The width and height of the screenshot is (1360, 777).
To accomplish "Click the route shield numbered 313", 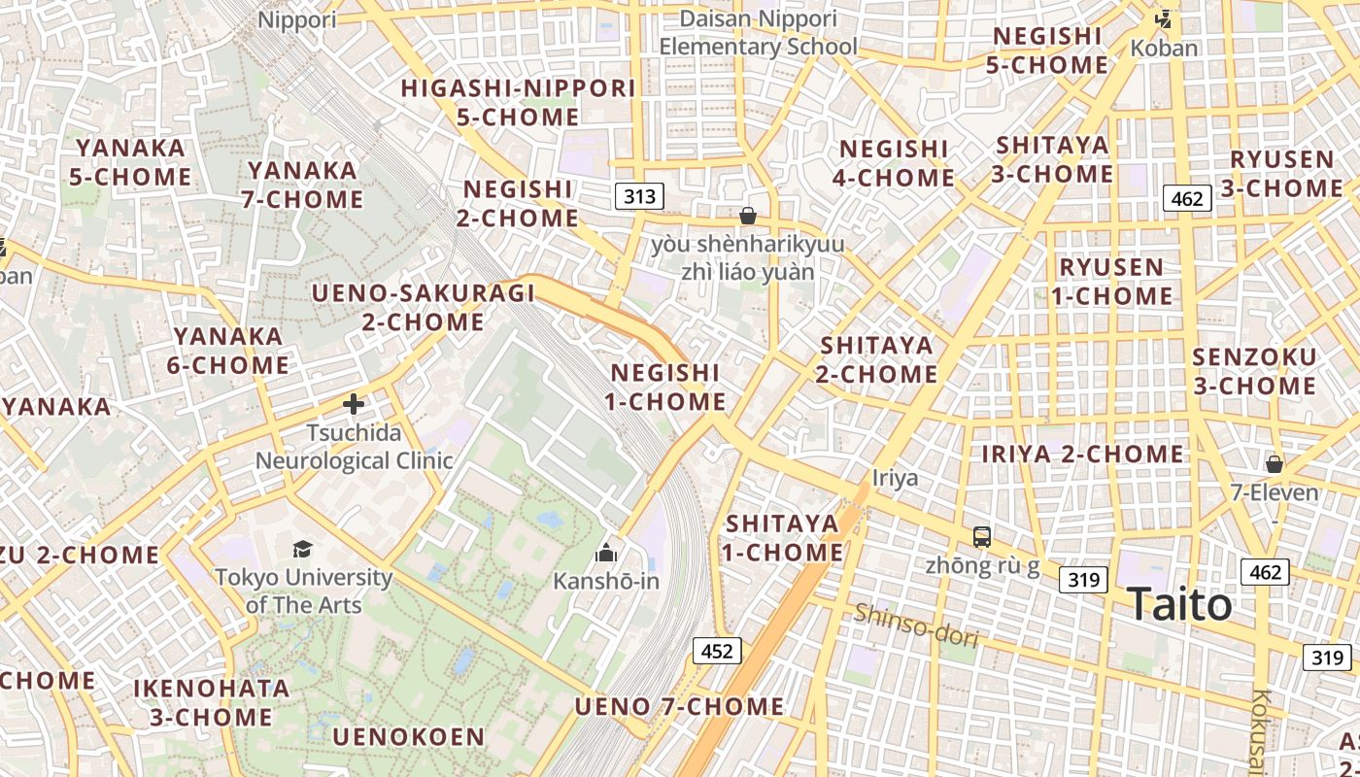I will coord(639,197).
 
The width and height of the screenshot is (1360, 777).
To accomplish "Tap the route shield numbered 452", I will coord(717,651).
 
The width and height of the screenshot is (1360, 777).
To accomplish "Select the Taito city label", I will coord(1179,605).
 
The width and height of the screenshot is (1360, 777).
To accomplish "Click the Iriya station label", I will coord(895,478).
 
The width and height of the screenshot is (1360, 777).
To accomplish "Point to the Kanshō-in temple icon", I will coord(606,554).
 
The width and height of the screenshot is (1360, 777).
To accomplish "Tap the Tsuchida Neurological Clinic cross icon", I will coord(354,403).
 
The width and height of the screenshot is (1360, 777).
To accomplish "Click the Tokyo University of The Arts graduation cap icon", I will coord(302,549).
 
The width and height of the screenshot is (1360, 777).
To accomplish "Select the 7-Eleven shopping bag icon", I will coord(1275,464).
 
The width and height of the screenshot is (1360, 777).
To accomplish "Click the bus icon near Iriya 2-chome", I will coord(982,536).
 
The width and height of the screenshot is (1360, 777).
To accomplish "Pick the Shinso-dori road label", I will coord(915,625).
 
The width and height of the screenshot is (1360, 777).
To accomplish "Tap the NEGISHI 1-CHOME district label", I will coord(665,387).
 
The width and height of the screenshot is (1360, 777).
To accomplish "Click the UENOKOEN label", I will coord(408,736).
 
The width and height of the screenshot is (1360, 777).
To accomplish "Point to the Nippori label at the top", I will coord(297,19).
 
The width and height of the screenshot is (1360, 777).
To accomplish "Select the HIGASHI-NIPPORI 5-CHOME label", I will coord(519,102).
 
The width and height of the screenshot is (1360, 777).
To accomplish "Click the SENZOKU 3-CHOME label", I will coord(1254,371).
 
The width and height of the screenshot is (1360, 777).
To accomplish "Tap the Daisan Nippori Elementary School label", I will coord(758,32).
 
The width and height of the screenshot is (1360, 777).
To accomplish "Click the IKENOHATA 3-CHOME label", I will coord(211,703).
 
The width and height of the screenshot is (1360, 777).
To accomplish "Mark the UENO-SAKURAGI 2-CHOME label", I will coord(423,307).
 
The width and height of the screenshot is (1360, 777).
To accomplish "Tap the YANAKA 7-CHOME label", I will coord(302,185).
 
